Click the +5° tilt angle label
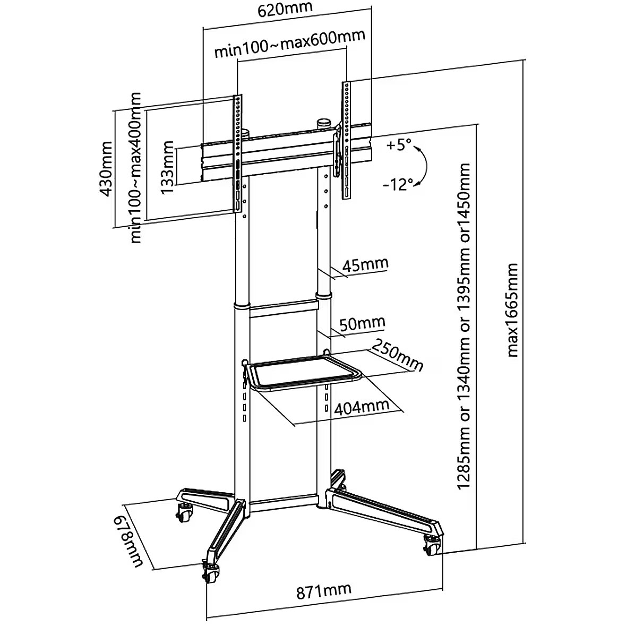[x=399, y=145]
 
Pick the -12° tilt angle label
[x=398, y=184]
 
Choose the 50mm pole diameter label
[x=363, y=323]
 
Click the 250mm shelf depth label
[x=398, y=356]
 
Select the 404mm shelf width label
[x=362, y=407]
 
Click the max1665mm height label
[x=513, y=309]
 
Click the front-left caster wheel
[x=211, y=573]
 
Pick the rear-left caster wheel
[x=184, y=513]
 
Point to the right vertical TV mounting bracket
[x=346, y=141]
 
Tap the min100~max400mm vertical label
[x=136, y=168]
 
